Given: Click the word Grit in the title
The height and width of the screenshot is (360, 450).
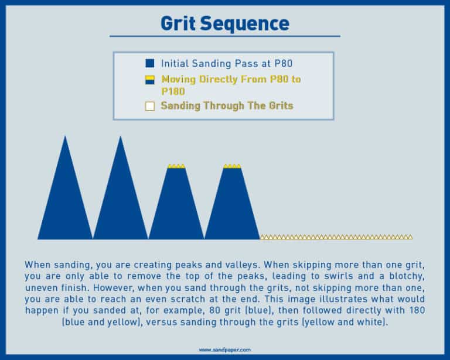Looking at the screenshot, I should coord(177,23).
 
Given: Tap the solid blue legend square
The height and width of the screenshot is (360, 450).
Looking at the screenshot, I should coord(149,63).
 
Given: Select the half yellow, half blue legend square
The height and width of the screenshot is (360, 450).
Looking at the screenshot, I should coord(149,80).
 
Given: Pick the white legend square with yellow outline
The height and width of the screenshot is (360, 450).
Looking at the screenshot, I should coord(149,106).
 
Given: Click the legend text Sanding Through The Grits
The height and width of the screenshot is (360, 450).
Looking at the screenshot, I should coord(227,106).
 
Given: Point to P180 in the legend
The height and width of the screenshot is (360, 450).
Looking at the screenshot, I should coord(173,91).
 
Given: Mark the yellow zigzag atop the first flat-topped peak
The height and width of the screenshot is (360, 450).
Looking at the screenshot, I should coord(176,166).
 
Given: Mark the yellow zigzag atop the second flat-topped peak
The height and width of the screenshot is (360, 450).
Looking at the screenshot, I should coord(232,166).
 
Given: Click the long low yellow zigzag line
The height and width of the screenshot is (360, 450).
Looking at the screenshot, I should coord(336,237).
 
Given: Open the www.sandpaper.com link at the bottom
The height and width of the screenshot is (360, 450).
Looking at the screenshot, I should coord(224,349).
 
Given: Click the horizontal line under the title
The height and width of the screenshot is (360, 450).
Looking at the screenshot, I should coord(224,36).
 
